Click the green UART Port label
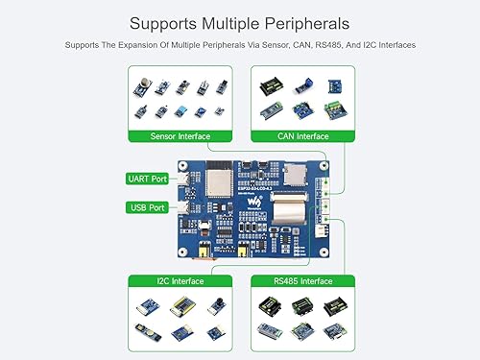[x=147, y=179]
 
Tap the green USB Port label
[x=147, y=207]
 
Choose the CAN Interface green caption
[x=302, y=136]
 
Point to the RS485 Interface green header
[x=302, y=281]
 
